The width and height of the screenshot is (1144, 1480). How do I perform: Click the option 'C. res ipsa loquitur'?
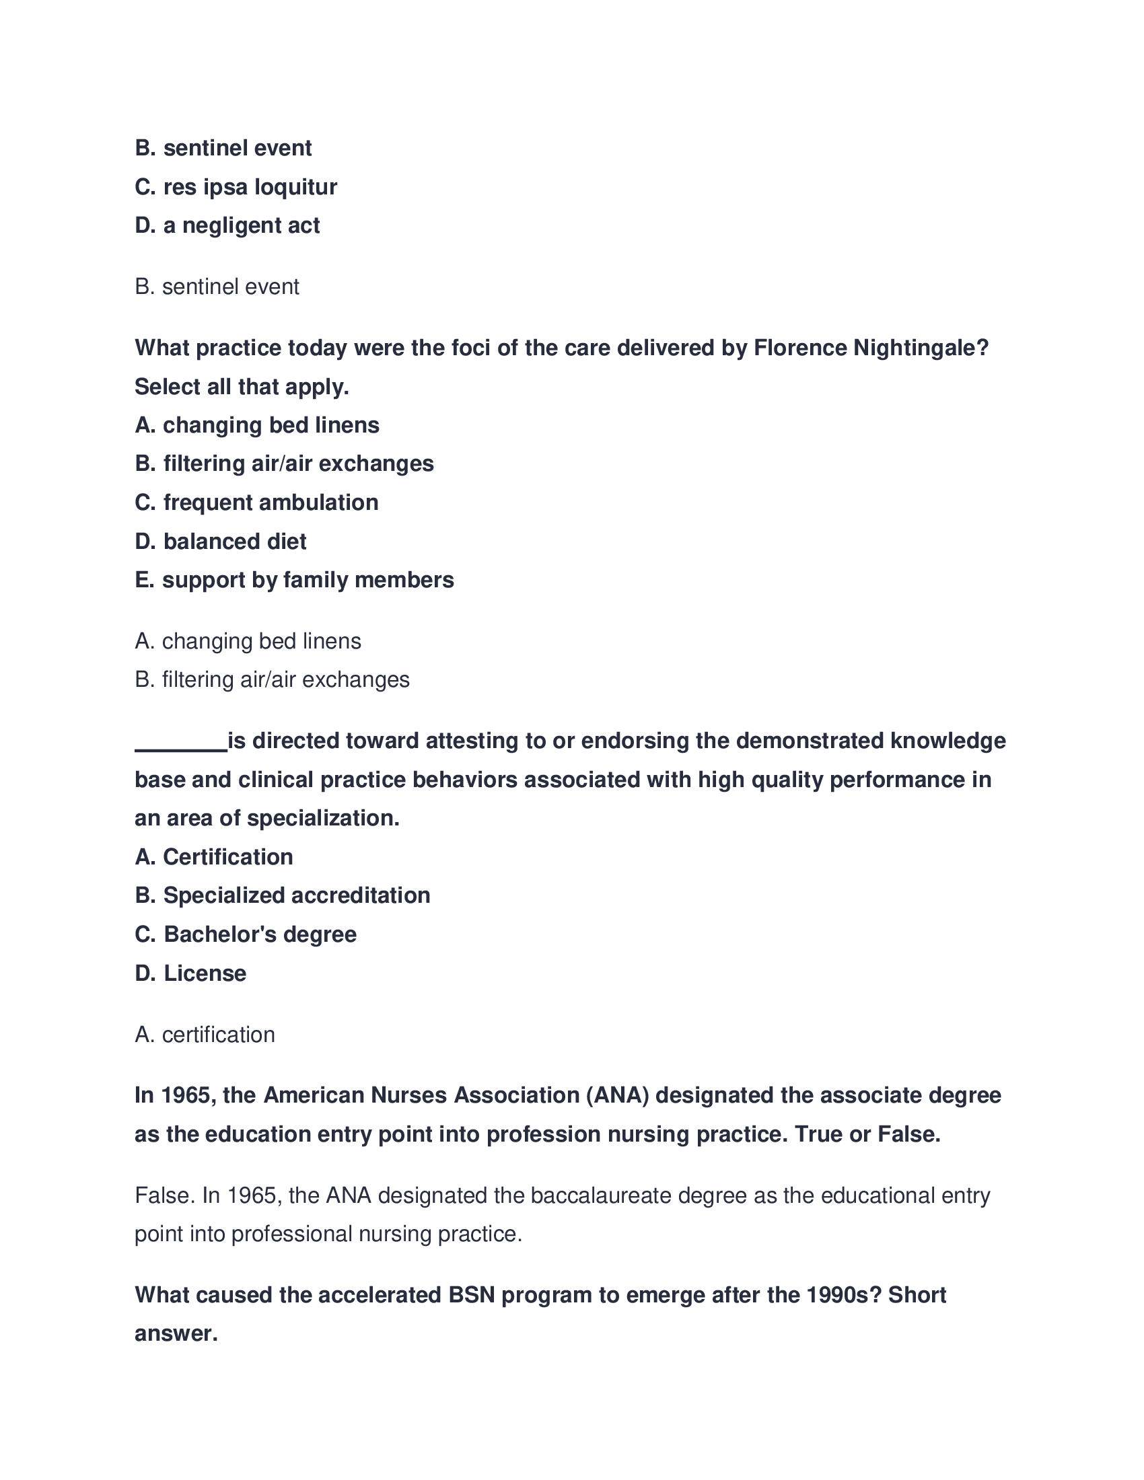pos(235,187)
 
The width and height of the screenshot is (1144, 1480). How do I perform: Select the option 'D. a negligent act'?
pos(227,225)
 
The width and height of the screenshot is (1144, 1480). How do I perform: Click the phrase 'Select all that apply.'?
pos(242,387)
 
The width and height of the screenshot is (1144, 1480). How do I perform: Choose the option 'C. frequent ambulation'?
pos(256,503)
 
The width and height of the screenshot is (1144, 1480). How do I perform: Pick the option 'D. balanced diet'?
pos(220,542)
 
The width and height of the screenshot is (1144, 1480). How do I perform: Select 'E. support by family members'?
pos(294,580)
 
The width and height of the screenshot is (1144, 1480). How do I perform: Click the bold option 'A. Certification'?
pos(213,857)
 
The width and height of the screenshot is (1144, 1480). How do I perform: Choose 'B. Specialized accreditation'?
pos(282,896)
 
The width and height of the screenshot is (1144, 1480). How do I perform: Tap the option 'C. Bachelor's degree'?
pos(246,934)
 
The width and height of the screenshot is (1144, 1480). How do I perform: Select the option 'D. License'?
pos(190,974)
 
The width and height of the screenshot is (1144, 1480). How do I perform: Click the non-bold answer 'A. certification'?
pos(205,1035)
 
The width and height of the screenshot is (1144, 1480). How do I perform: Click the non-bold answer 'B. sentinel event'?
pos(217,287)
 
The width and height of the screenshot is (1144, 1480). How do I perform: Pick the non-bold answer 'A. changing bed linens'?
pos(248,641)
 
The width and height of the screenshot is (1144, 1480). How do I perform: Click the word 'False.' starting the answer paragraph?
pos(166,1195)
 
